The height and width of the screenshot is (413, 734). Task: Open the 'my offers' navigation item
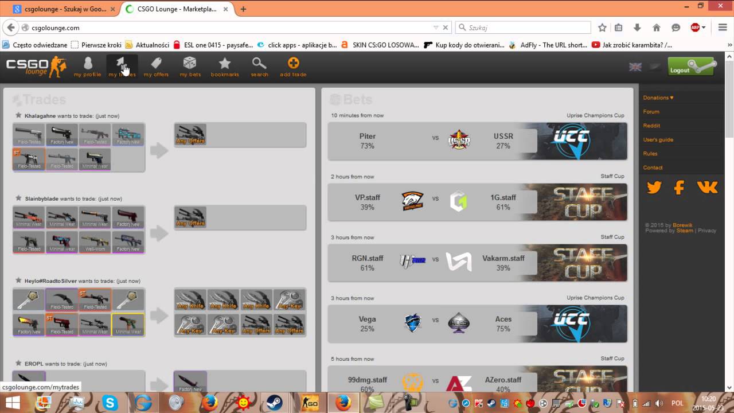tap(156, 67)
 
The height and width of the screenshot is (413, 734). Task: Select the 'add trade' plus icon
tap(293, 67)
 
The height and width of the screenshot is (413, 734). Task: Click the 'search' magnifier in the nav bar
tap(259, 67)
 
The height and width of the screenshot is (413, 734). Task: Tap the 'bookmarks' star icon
tap(225, 67)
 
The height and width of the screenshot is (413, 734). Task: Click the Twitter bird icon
tap(654, 187)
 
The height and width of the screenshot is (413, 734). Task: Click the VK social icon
tap(707, 187)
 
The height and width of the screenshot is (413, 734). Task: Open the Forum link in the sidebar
tap(651, 112)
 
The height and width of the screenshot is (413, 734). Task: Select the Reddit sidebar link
tap(651, 126)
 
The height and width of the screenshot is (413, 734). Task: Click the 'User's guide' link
tap(658, 139)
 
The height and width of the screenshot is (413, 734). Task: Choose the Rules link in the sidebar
tap(650, 154)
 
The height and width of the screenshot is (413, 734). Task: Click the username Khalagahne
tap(40, 116)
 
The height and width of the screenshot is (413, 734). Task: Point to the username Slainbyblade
tap(42, 198)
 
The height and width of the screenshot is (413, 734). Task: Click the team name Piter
tap(367, 137)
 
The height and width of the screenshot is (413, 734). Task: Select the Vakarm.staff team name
tap(503, 259)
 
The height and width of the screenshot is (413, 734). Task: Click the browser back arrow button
tap(10, 28)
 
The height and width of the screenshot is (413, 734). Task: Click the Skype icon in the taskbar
tap(110, 403)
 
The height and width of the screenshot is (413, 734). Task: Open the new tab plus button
tap(243, 9)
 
